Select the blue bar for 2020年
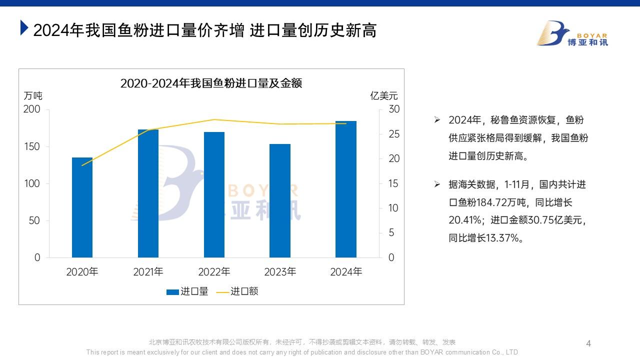82,207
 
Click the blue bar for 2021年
148,193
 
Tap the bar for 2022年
214,195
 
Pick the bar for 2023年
280,201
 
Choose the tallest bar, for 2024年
346,189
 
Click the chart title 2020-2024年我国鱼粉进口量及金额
211,83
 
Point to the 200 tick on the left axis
32,109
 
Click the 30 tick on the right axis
394,109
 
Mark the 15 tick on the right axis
394,183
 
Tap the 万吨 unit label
33,96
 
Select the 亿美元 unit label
384,96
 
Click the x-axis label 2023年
280,272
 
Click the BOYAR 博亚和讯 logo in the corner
572,34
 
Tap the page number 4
588,343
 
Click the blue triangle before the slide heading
23,28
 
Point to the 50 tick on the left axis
34,220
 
